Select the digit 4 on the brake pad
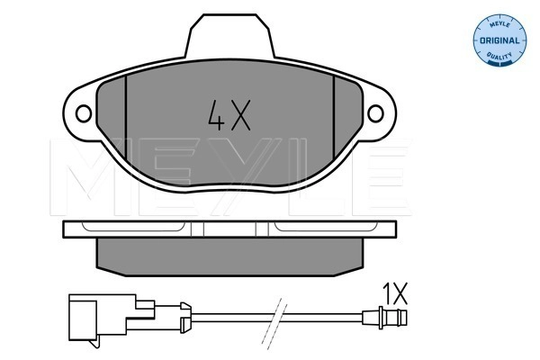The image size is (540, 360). pos(215,115)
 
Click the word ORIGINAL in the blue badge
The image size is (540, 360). pos(498,41)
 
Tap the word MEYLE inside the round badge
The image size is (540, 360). pos(496,21)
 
